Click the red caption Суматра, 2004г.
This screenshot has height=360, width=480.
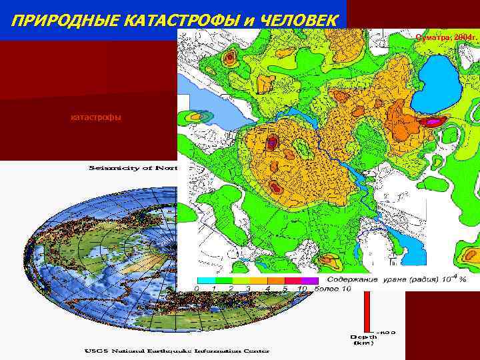(x=444, y=37)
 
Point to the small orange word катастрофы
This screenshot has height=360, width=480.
(x=96, y=118)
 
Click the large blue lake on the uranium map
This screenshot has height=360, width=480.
(x=437, y=83)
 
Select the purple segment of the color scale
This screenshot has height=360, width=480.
(x=310, y=281)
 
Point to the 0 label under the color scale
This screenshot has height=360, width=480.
(x=197, y=289)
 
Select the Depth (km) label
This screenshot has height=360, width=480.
(x=365, y=340)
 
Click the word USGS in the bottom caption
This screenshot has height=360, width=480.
(x=96, y=350)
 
